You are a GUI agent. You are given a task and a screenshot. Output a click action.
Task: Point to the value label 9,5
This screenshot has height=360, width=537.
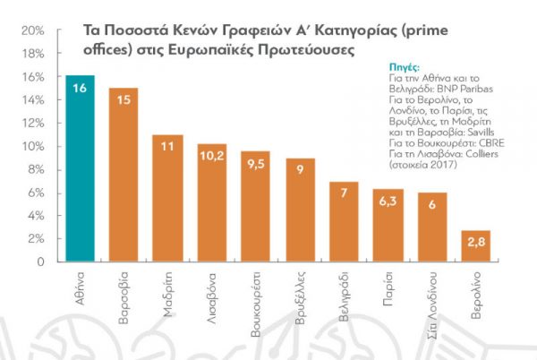(x=255, y=163)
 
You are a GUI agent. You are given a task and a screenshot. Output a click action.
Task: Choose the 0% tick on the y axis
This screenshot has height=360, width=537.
(x=36, y=262)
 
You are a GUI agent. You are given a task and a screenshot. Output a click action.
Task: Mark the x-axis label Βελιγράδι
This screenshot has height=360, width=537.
(x=345, y=296)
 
